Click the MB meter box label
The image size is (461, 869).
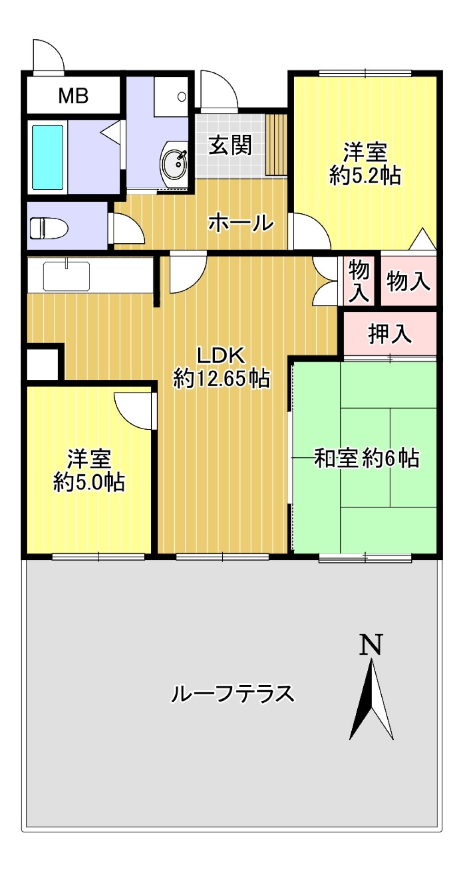pyautogui.click(x=73, y=96)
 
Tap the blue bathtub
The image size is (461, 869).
pyautogui.click(x=47, y=157)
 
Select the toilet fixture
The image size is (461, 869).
pyautogui.click(x=48, y=228)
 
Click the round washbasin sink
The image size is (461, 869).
pyautogui.click(x=174, y=163)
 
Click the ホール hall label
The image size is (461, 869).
pyautogui.click(x=241, y=223)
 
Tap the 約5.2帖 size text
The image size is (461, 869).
pyautogui.click(x=365, y=175)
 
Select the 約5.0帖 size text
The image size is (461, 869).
pyautogui.click(x=89, y=482)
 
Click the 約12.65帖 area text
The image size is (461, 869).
pyautogui.click(x=221, y=379)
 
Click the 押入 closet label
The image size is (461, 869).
pyautogui.click(x=390, y=333)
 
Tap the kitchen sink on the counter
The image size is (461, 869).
pyautogui.click(x=66, y=276)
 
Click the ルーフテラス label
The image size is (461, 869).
pyautogui.click(x=233, y=693)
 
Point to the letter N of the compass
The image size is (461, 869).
pyautogui.click(x=371, y=645)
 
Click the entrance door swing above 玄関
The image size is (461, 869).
pyautogui.click(x=219, y=89)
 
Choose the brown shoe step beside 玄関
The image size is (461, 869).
pyautogui.click(x=277, y=145)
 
